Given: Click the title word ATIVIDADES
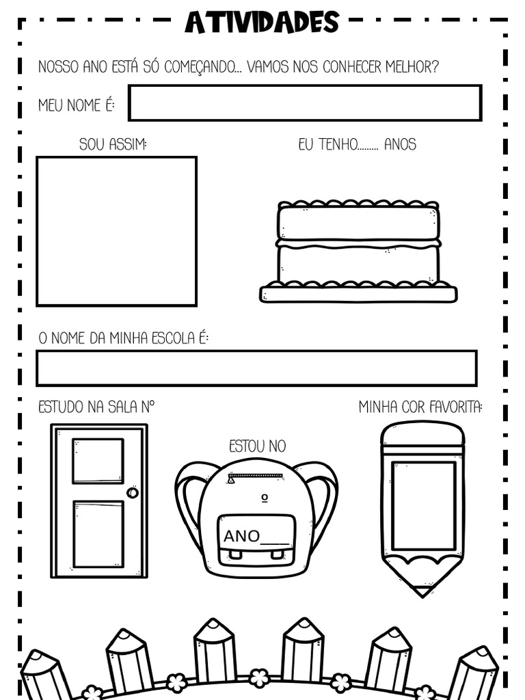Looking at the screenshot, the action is (262, 22).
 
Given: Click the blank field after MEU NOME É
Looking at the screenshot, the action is (305, 103).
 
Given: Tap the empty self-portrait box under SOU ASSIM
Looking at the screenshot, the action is (116, 231).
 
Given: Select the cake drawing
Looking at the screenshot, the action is (358, 252).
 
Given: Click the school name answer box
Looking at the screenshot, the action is (256, 368).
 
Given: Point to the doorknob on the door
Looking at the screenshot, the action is (133, 492).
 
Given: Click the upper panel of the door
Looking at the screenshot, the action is (98, 461).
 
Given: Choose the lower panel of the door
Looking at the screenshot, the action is (98, 534).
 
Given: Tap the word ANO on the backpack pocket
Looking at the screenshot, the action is (241, 536).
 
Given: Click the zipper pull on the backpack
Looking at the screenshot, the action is (232, 480).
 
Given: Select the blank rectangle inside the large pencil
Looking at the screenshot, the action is (423, 506).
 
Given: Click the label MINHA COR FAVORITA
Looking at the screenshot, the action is (420, 407).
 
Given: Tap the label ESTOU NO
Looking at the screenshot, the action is (257, 446).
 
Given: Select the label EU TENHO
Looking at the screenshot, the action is (327, 144).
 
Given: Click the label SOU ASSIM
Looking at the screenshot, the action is (113, 144).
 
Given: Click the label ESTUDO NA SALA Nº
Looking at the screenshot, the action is (96, 407).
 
